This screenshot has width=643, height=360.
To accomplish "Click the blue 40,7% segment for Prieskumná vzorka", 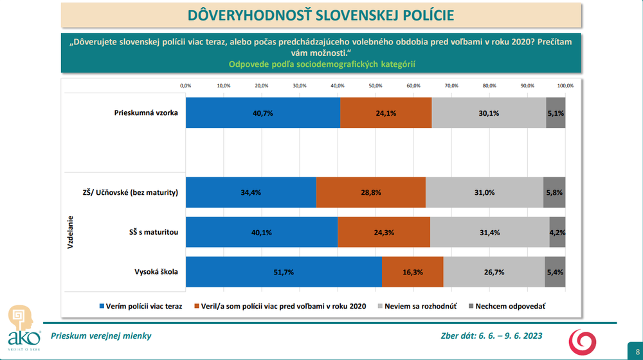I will pyautogui.click(x=262, y=113).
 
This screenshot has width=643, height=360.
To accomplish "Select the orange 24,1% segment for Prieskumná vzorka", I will pyautogui.click(x=386, y=113).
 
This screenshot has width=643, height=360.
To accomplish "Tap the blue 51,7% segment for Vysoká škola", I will pyautogui.click(x=284, y=272).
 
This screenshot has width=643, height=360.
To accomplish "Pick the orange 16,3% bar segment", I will pyautogui.click(x=412, y=272).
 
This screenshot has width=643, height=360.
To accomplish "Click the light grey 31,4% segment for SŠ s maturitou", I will pyautogui.click(x=489, y=232).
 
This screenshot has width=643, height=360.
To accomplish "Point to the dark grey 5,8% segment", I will pyautogui.click(x=554, y=192).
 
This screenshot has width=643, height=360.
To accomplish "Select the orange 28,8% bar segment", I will pyautogui.click(x=370, y=192).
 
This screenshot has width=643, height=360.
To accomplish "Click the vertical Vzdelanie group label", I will pyautogui.click(x=71, y=232).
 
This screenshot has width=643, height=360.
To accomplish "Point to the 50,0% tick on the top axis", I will pyautogui.click(x=376, y=85).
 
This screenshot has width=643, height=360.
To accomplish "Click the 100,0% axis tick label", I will pyautogui.click(x=565, y=85).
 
